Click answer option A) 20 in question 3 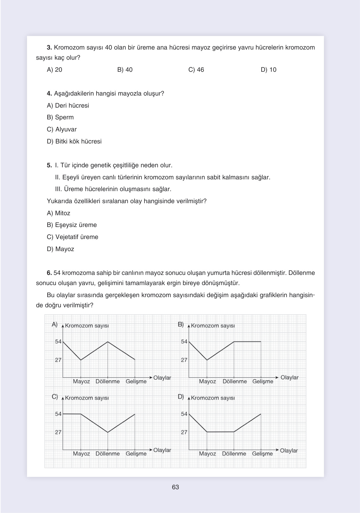[55, 70]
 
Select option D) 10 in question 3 [269, 70]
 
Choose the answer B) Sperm [60, 117]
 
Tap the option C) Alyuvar [62, 130]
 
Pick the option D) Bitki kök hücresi [74, 142]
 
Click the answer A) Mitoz [59, 213]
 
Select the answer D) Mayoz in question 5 [61, 249]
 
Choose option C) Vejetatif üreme [73, 237]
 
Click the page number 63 [176, 487]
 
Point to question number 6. [49, 273]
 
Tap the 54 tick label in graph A [58, 342]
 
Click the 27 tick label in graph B [184, 360]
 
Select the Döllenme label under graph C [108, 454]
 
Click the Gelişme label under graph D [262, 454]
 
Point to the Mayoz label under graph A [81, 381]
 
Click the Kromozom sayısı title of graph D [213, 398]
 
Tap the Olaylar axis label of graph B [290, 377]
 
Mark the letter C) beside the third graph [55, 397]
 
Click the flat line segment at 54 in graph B [247, 342]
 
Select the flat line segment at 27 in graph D [220, 432]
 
